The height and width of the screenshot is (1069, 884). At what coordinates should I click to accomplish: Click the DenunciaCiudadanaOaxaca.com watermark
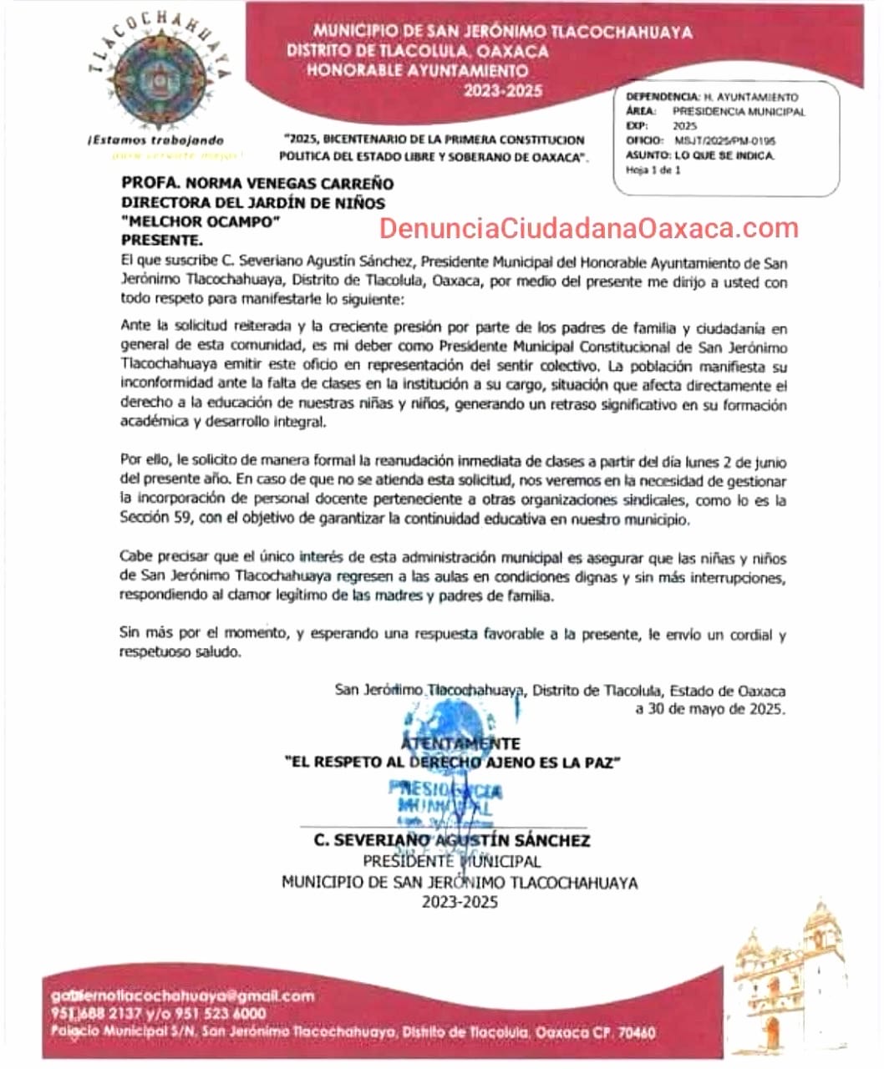[589, 227]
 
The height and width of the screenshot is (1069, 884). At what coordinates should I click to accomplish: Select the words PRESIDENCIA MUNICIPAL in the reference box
[739, 111]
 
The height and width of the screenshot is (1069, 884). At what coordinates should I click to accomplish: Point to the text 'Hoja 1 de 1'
[653, 170]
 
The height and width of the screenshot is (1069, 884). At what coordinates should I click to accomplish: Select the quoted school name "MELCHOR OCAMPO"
[200, 221]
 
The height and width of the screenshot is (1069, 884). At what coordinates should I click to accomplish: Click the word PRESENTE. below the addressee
[162, 241]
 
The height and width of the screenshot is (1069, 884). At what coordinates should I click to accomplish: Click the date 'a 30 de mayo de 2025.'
[709, 709]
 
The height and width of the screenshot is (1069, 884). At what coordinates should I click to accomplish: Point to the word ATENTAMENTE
[460, 743]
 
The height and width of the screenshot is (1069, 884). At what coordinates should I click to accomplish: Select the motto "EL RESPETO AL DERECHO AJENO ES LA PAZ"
[452, 762]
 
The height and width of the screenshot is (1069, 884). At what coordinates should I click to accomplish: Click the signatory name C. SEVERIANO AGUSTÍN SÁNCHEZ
[452, 840]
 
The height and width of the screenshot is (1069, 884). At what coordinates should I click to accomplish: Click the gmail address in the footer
[182, 996]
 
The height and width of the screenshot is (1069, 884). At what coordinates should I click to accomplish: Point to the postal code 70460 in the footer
[636, 1033]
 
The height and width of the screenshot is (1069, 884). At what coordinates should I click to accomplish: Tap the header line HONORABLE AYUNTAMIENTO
[416, 70]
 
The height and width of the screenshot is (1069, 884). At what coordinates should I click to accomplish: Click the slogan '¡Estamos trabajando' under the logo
[155, 140]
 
